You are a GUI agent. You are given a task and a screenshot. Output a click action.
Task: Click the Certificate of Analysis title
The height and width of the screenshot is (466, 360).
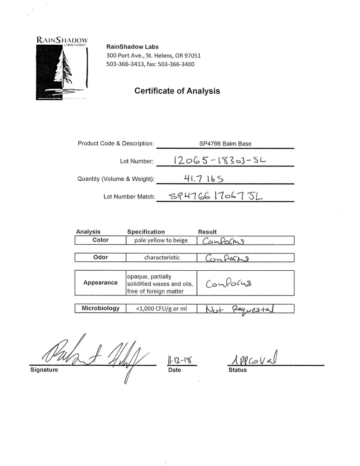[x=177, y=91]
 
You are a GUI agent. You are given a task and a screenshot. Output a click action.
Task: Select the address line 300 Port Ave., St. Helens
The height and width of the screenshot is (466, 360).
[x=154, y=55]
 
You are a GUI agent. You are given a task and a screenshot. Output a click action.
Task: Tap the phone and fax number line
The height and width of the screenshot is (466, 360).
[x=150, y=64]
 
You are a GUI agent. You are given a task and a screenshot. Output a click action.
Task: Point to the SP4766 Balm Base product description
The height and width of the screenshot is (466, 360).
[x=225, y=144]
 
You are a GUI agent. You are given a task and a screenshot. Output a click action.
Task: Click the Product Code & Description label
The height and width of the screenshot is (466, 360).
[x=115, y=144]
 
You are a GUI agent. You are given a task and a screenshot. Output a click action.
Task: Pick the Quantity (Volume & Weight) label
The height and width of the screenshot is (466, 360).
[x=115, y=179]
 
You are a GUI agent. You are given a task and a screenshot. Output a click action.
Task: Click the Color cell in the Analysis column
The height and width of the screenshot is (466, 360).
[x=101, y=240]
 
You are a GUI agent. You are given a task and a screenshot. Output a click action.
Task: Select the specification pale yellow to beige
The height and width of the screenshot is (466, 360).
[x=161, y=240]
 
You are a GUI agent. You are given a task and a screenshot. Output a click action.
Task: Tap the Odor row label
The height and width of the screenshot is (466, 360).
[x=101, y=257]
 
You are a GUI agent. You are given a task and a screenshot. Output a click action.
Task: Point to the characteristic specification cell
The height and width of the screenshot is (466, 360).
[x=162, y=257]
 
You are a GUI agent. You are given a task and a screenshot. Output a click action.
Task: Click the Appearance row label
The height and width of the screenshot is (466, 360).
[x=101, y=282]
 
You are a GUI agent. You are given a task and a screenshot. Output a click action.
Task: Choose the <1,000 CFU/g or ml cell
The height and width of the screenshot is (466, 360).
[x=161, y=308]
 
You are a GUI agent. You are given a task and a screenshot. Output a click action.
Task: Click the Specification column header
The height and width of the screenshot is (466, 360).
[x=146, y=232]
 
